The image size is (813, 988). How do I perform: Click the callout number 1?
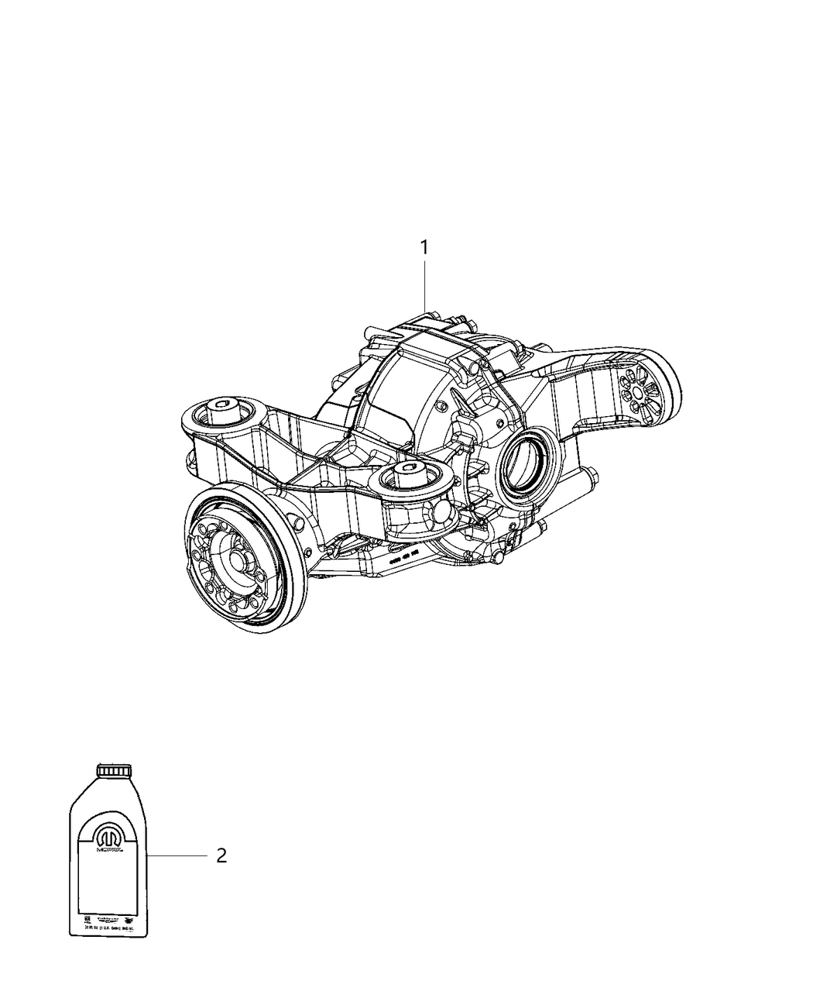(424, 247)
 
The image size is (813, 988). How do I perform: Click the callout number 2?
(221, 856)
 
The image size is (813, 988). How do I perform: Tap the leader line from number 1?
(424, 287)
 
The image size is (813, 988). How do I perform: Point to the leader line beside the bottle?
(177, 855)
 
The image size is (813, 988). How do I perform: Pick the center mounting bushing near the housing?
(409, 477)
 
